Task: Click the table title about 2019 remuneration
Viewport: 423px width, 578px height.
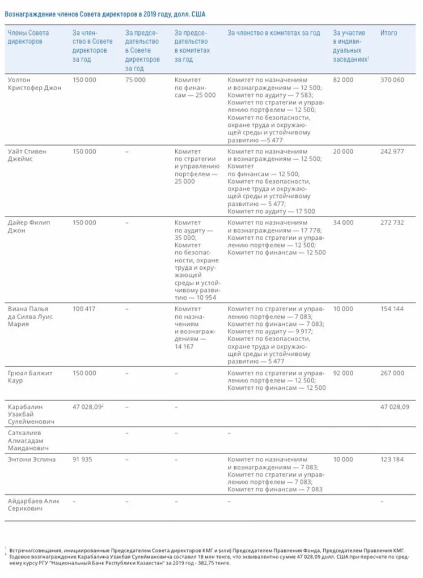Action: (x=105, y=14)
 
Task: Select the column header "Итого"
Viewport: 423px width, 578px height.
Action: (x=388, y=33)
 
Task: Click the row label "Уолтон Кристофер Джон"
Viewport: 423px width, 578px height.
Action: (x=34, y=84)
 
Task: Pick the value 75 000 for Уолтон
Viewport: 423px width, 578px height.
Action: (x=136, y=80)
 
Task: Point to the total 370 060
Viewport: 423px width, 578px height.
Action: (x=392, y=80)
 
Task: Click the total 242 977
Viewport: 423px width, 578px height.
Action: (x=392, y=152)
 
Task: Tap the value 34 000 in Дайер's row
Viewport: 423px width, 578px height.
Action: (x=343, y=223)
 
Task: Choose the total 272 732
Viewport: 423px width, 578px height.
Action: (x=392, y=223)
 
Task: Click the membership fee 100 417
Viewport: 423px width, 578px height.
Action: (x=84, y=309)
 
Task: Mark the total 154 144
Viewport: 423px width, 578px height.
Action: (x=392, y=309)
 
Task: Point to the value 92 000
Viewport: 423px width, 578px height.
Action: (x=343, y=373)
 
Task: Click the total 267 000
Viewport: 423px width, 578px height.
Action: (x=392, y=373)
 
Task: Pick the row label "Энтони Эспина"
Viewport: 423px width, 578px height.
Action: (x=32, y=460)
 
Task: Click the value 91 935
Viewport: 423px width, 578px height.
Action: (x=83, y=460)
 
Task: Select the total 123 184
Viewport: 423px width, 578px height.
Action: (x=392, y=460)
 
